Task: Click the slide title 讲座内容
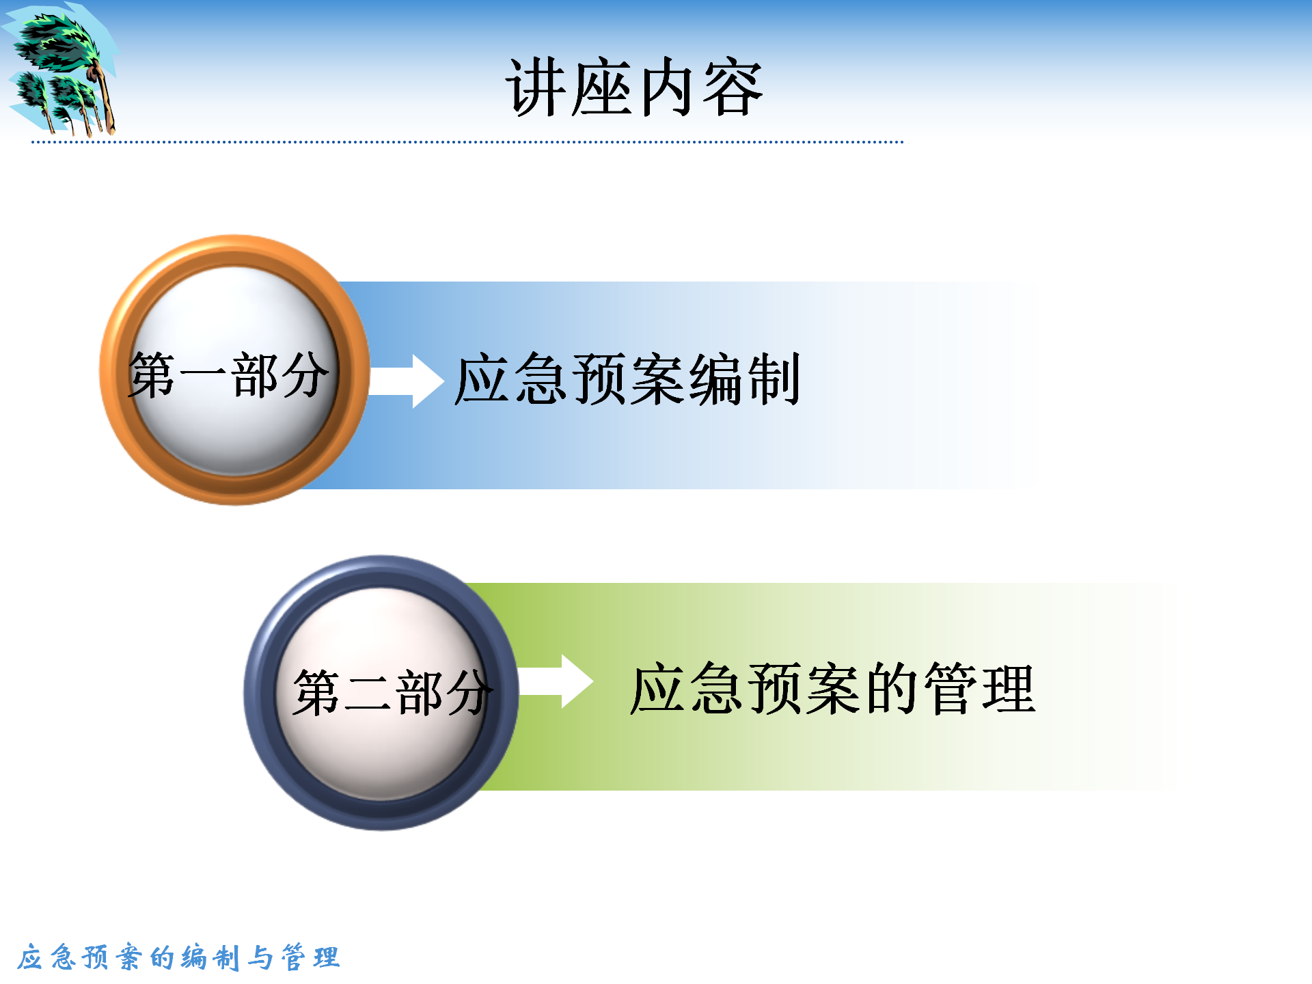(x=634, y=87)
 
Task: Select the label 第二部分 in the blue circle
(x=393, y=692)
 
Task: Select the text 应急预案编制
(x=627, y=379)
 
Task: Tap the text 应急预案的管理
(x=833, y=689)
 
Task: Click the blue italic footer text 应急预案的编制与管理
(x=178, y=957)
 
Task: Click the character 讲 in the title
(x=536, y=87)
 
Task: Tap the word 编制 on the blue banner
(x=744, y=379)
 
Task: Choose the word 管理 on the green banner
(x=980, y=689)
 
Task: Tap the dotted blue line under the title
(x=467, y=142)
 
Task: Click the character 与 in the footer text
(x=260, y=957)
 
